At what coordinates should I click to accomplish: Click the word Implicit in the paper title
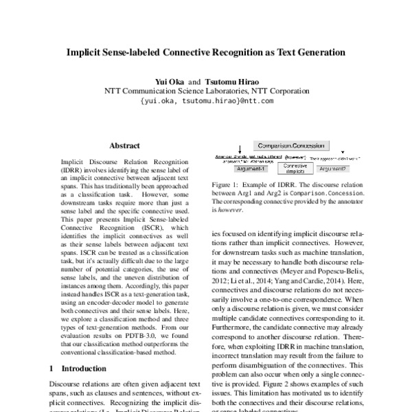[x=84, y=51]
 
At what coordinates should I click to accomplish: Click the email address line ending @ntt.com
[x=206, y=100]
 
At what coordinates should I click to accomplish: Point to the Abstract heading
[x=124, y=146]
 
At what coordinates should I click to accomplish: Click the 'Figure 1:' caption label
[x=226, y=185]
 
